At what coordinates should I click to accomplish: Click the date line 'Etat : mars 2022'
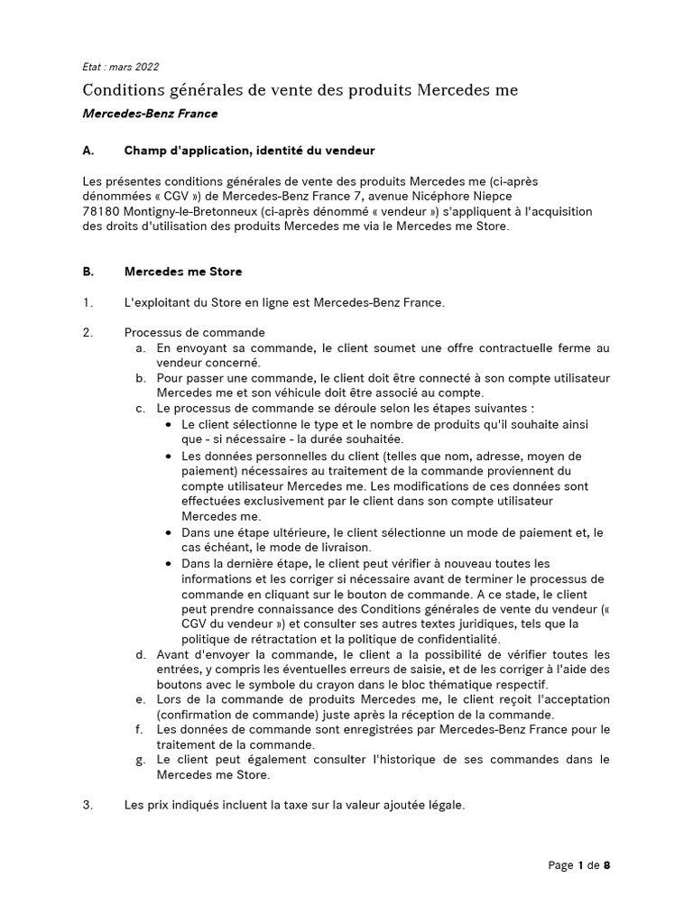120,67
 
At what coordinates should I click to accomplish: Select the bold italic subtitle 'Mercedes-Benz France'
150,115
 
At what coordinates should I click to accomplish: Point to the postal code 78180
101,211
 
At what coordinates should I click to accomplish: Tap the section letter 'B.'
88,271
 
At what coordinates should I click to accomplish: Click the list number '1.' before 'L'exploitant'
88,302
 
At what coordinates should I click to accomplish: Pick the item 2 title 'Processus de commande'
194,333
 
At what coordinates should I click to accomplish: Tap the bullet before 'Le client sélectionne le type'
171,424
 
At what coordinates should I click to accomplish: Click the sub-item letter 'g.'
142,760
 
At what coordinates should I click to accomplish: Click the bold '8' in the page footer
607,865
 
